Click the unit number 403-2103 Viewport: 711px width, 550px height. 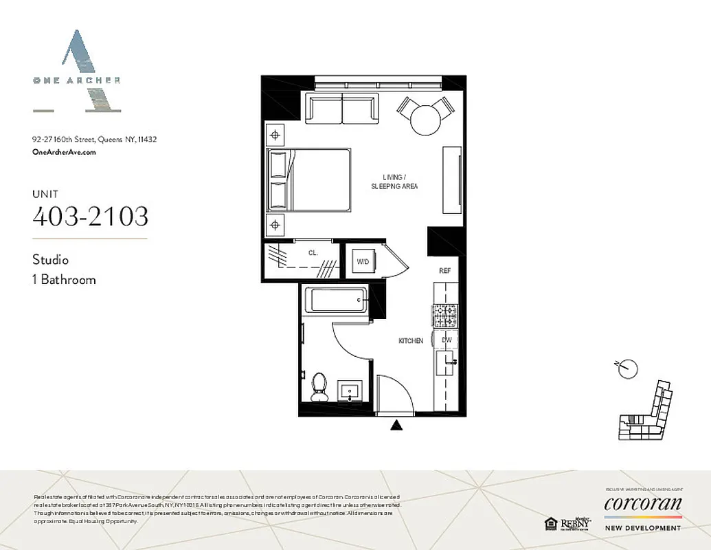coord(90,217)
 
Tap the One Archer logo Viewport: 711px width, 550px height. coord(77,71)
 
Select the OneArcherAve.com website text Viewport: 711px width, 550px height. coord(64,153)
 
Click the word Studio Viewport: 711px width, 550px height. coord(51,260)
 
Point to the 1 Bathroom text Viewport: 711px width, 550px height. coord(64,280)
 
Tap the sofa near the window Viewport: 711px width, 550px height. coord(341,108)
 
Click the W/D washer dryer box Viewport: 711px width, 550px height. coord(361,261)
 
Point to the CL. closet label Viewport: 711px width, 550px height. coord(313,253)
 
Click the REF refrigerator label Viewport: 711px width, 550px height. coord(444,271)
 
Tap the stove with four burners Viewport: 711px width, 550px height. coord(444,316)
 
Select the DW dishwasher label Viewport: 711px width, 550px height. coord(446,340)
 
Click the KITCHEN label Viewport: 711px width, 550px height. coord(411,341)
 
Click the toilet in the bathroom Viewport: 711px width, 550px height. coord(318,386)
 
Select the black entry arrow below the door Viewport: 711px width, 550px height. coord(396,426)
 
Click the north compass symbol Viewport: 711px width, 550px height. coord(627,368)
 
